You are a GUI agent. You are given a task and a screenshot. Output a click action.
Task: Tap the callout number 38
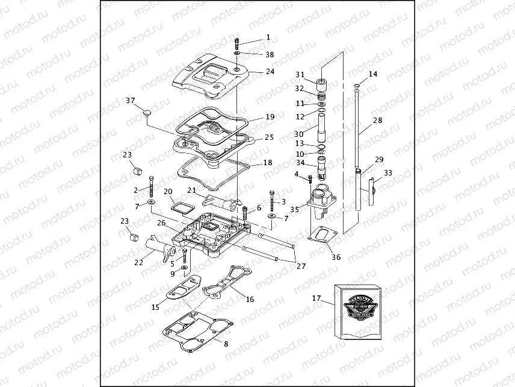point(270,54)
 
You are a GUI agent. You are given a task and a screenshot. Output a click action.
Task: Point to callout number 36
point(336,257)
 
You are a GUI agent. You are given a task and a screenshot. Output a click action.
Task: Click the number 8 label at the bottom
point(226,344)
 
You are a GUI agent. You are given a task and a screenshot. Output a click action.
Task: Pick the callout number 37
point(131,100)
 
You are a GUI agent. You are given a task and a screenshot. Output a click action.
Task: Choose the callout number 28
point(377,121)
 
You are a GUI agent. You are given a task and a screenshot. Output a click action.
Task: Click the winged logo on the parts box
point(360,305)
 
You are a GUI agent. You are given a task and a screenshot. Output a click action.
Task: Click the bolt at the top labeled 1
point(238,44)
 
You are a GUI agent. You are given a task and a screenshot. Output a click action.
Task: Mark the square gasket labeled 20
point(180,208)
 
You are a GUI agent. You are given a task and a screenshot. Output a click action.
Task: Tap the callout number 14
point(373,74)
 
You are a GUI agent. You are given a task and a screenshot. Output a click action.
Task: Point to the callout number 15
point(155,307)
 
